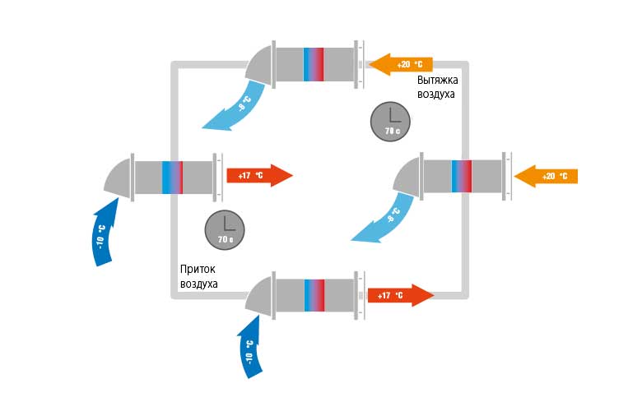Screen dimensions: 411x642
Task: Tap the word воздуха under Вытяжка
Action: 436,95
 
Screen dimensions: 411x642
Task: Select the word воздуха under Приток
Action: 198,284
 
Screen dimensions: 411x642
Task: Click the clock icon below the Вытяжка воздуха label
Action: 390,120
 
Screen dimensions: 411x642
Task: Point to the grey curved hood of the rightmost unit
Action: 408,176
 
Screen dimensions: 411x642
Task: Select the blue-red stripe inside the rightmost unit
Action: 462,175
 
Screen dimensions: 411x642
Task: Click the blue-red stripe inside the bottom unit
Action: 314,294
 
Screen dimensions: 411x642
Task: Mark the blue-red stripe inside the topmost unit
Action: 314,63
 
